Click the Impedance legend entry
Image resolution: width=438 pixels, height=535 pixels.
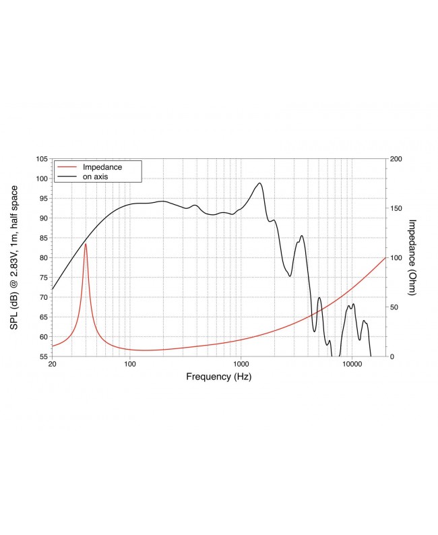click(x=102, y=166)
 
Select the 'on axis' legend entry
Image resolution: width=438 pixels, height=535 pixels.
click(x=96, y=176)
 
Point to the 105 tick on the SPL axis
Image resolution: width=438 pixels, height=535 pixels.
click(x=42, y=159)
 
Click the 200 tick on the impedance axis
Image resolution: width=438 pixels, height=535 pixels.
click(x=396, y=159)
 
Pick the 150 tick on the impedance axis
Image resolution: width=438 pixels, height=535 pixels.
click(x=396, y=208)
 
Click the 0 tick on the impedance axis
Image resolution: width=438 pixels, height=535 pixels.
click(x=392, y=356)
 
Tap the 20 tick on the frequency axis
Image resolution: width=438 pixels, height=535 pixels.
click(x=53, y=365)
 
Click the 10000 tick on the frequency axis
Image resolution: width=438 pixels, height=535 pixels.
click(x=351, y=365)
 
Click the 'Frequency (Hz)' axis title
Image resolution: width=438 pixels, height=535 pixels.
click(x=218, y=377)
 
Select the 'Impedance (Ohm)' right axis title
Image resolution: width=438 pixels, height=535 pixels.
click(x=412, y=257)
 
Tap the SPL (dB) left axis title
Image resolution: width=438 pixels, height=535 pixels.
click(x=14, y=257)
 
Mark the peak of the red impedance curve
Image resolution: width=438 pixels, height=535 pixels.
click(x=86, y=244)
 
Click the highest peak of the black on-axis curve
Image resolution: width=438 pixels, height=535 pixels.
click(x=259, y=183)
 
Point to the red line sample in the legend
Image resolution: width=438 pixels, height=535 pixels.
click(x=67, y=166)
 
